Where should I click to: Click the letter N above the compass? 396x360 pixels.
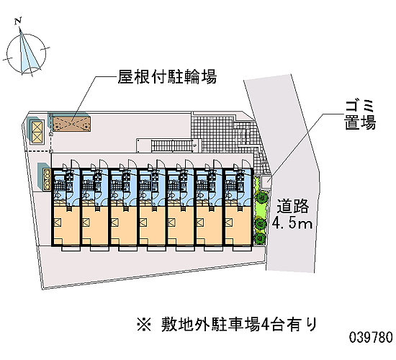pos(18,21)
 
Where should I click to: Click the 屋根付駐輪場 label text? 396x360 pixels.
pos(167,76)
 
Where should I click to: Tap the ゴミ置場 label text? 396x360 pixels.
pos(360,115)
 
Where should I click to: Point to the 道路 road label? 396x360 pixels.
pos(293,206)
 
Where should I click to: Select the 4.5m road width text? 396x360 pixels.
pos(292,223)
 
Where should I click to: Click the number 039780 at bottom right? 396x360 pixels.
pos(371,337)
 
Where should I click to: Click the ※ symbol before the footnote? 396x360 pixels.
pos(144,324)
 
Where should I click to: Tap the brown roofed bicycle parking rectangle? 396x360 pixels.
pos(72,124)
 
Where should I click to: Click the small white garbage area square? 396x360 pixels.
pos(266,182)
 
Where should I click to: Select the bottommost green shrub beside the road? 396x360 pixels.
pos(260,238)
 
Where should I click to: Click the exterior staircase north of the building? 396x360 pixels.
pos(172,146)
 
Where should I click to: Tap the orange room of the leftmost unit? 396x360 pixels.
pos(66,225)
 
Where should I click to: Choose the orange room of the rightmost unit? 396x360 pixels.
pos(238,225)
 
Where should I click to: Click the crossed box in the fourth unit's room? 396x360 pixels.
pos(143,222)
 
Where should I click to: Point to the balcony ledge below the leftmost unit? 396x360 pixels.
pos(71,248)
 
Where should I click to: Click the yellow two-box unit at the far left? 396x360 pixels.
pos(37,132)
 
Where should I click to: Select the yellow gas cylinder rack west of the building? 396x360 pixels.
pos(48,179)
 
